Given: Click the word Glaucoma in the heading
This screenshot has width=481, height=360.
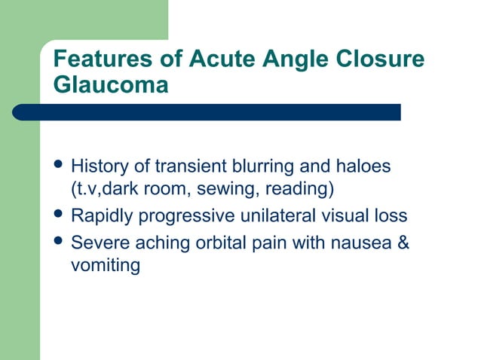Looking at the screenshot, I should point(111,85).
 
